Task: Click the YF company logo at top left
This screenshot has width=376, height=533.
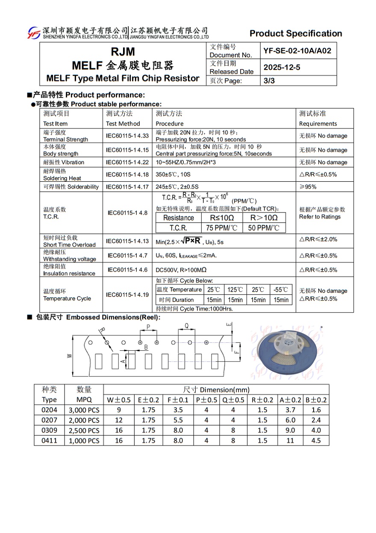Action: coord(34,33)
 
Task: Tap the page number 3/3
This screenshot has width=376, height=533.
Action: coord(269,81)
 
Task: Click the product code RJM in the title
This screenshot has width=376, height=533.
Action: coord(123,52)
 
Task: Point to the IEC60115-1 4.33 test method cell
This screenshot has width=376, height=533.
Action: coord(127,136)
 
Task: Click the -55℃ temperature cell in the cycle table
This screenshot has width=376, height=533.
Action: coord(281,289)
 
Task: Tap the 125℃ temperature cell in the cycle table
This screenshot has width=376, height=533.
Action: coord(235,289)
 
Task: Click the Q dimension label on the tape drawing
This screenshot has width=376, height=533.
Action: coord(186,326)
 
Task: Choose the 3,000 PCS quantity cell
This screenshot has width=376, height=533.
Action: coord(84,410)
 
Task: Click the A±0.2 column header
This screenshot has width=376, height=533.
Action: coord(290,400)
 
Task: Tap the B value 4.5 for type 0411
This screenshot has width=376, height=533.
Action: coord(316,441)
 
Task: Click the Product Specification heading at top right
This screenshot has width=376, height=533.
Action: coord(296,33)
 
